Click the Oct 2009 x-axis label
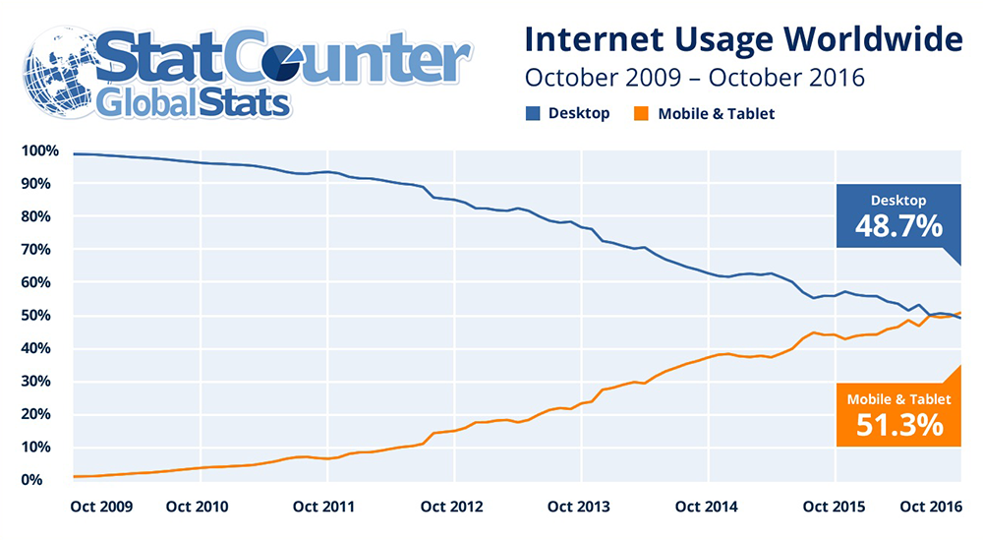(103, 507)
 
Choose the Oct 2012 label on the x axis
(453, 507)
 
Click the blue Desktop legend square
(533, 113)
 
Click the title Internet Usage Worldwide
(742, 40)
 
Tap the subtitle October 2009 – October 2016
(695, 77)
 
